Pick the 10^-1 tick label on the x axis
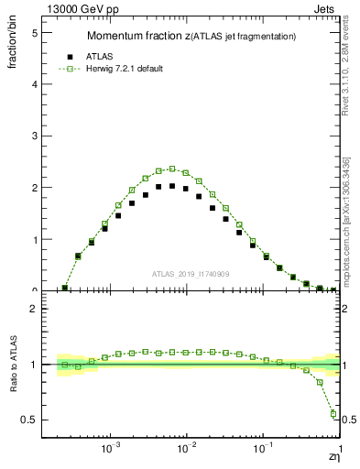(263, 450)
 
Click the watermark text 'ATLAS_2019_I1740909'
(191, 273)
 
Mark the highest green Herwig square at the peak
(172, 169)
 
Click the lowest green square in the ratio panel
(333, 414)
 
